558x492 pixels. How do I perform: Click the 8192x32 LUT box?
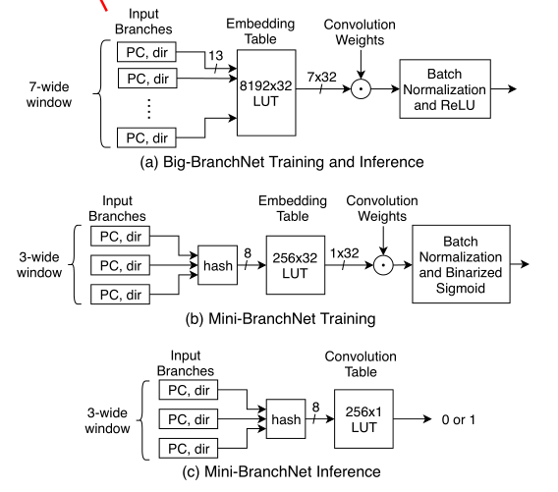point(267,92)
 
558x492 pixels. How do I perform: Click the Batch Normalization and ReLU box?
point(445,87)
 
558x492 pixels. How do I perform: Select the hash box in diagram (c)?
point(286,419)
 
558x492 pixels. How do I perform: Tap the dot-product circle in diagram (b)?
point(383,265)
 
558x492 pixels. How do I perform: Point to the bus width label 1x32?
point(344,250)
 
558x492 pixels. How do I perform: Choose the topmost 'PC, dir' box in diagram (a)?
point(146,50)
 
